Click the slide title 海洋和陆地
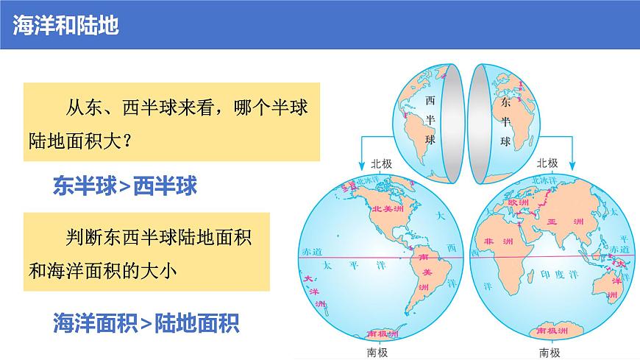tap(66, 24)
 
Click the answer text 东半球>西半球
tap(125, 185)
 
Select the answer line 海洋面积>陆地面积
tap(146, 322)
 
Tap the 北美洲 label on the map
tap(388, 209)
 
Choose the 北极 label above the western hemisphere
tap(382, 163)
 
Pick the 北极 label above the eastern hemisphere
tap(547, 163)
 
